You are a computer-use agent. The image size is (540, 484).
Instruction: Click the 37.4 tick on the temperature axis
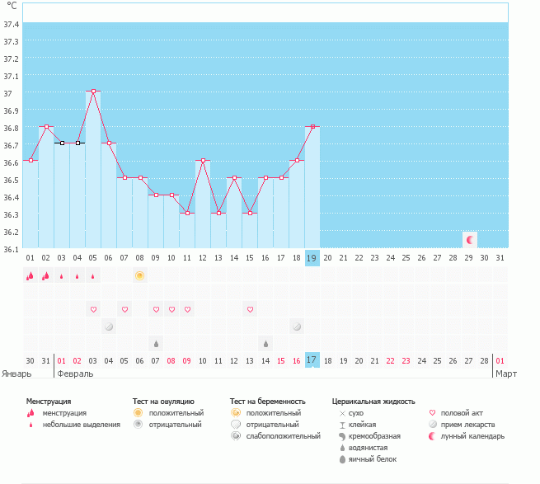(11, 25)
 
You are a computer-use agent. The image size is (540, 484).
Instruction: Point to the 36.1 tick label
(11, 248)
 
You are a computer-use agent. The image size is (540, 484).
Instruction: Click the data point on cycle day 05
(93, 92)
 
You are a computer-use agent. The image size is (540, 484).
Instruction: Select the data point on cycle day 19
(312, 126)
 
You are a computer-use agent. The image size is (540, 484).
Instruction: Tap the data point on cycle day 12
(203, 160)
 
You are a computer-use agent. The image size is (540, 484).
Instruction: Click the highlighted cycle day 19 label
(312, 258)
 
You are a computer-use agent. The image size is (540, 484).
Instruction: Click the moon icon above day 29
(470, 240)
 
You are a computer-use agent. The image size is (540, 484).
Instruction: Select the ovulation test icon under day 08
(140, 275)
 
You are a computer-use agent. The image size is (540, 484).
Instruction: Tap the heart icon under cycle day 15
(250, 309)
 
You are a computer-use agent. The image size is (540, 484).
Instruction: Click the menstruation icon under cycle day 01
(31, 275)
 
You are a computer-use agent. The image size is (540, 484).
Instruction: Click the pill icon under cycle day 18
(296, 327)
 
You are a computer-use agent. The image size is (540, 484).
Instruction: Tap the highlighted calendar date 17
(312, 360)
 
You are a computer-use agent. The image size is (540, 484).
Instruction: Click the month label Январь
(17, 374)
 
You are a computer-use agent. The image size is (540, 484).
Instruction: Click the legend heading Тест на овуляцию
(163, 401)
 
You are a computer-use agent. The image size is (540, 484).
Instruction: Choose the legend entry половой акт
(463, 412)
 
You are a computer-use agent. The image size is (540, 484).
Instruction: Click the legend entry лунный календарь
(473, 435)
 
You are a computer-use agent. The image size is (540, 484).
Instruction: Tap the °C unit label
(12, 6)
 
